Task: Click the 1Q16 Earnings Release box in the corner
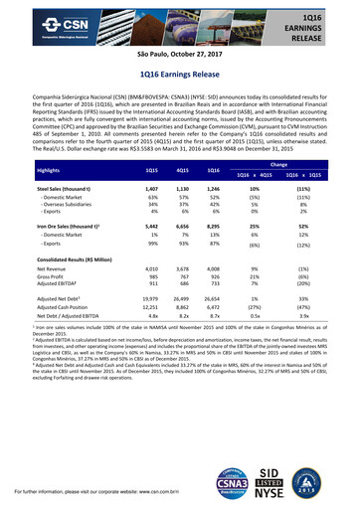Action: click(x=323, y=24)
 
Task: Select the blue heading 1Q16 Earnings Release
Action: click(x=180, y=75)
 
